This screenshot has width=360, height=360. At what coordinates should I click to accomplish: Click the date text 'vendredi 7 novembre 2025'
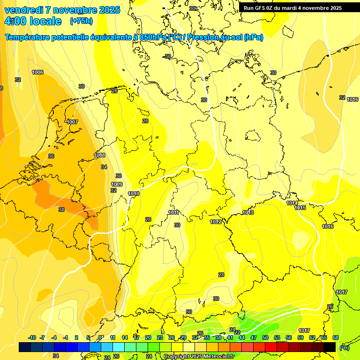[x=62, y=10]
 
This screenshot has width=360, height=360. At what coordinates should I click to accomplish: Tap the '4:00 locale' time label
[x=33, y=21]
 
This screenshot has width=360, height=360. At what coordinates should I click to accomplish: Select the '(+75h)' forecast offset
[x=81, y=21]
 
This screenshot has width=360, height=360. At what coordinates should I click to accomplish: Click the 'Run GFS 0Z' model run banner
[x=292, y=8]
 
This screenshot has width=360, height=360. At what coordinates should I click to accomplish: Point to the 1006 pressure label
[x=37, y=72]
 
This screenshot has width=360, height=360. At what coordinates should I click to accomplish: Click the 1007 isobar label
[x=72, y=122]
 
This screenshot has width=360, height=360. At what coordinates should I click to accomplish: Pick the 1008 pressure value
[x=99, y=155]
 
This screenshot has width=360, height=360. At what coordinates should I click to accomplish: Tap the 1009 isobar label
[x=117, y=184]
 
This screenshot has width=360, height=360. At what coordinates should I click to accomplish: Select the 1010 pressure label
[x=134, y=194]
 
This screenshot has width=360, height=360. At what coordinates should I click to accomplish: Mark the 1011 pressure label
[x=173, y=212]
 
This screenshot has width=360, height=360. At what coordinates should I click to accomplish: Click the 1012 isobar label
[x=216, y=222]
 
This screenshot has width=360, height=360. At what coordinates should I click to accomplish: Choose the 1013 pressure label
[x=248, y=213]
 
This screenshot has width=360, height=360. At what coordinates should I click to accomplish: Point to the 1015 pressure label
[x=300, y=208]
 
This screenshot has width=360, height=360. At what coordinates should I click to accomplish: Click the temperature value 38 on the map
[x=61, y=210]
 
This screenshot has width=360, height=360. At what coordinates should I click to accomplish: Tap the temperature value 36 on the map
[x=51, y=156]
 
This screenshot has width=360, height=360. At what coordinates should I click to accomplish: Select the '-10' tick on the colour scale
[x=32, y=337]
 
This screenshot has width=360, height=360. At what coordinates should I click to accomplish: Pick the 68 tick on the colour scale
[x=336, y=337]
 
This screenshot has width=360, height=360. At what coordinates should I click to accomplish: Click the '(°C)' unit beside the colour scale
[x=344, y=347]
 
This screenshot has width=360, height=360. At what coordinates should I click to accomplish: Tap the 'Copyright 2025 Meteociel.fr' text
[x=199, y=356]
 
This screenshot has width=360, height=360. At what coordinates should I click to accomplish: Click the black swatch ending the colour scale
[x=330, y=347]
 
